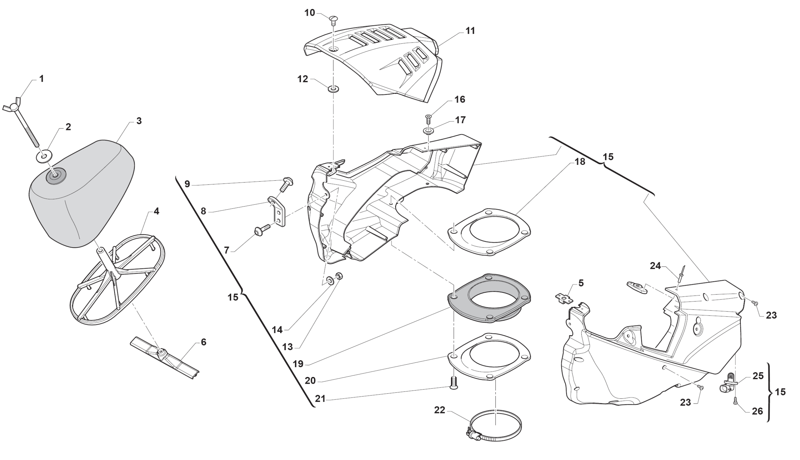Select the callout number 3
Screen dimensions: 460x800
pos(139,121)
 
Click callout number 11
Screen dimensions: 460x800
pos(470,31)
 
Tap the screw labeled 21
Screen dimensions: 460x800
pos(453,383)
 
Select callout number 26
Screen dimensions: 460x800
pos(757,411)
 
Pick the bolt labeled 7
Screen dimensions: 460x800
pos(262,230)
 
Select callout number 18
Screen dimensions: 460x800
pos(580,161)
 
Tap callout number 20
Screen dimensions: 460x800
pos(310,381)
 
